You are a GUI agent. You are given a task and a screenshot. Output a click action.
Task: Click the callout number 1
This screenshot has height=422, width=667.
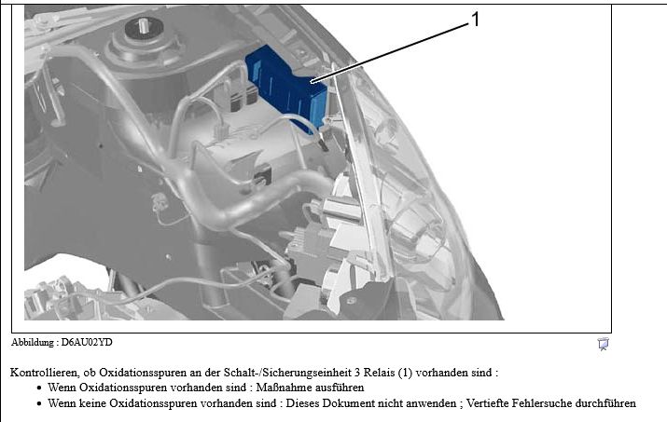tap(475, 20)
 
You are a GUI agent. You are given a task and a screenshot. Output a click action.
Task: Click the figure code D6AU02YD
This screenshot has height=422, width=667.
tap(87, 342)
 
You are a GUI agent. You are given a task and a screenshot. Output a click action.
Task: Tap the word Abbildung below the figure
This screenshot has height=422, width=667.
tap(33, 343)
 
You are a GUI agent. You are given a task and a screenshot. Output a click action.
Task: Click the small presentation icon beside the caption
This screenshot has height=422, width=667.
tap(603, 344)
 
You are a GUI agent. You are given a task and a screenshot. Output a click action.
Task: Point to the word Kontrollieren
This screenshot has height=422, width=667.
tap(44, 373)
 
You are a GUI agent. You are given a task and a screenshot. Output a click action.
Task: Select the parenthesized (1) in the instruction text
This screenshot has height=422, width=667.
tap(406, 373)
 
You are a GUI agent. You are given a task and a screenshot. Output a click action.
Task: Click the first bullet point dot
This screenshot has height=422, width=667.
tap(39, 388)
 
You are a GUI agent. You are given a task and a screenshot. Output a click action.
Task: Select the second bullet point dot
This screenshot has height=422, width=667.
tap(39, 403)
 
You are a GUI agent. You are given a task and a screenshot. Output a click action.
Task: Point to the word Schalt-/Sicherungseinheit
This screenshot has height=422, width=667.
tap(287, 373)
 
